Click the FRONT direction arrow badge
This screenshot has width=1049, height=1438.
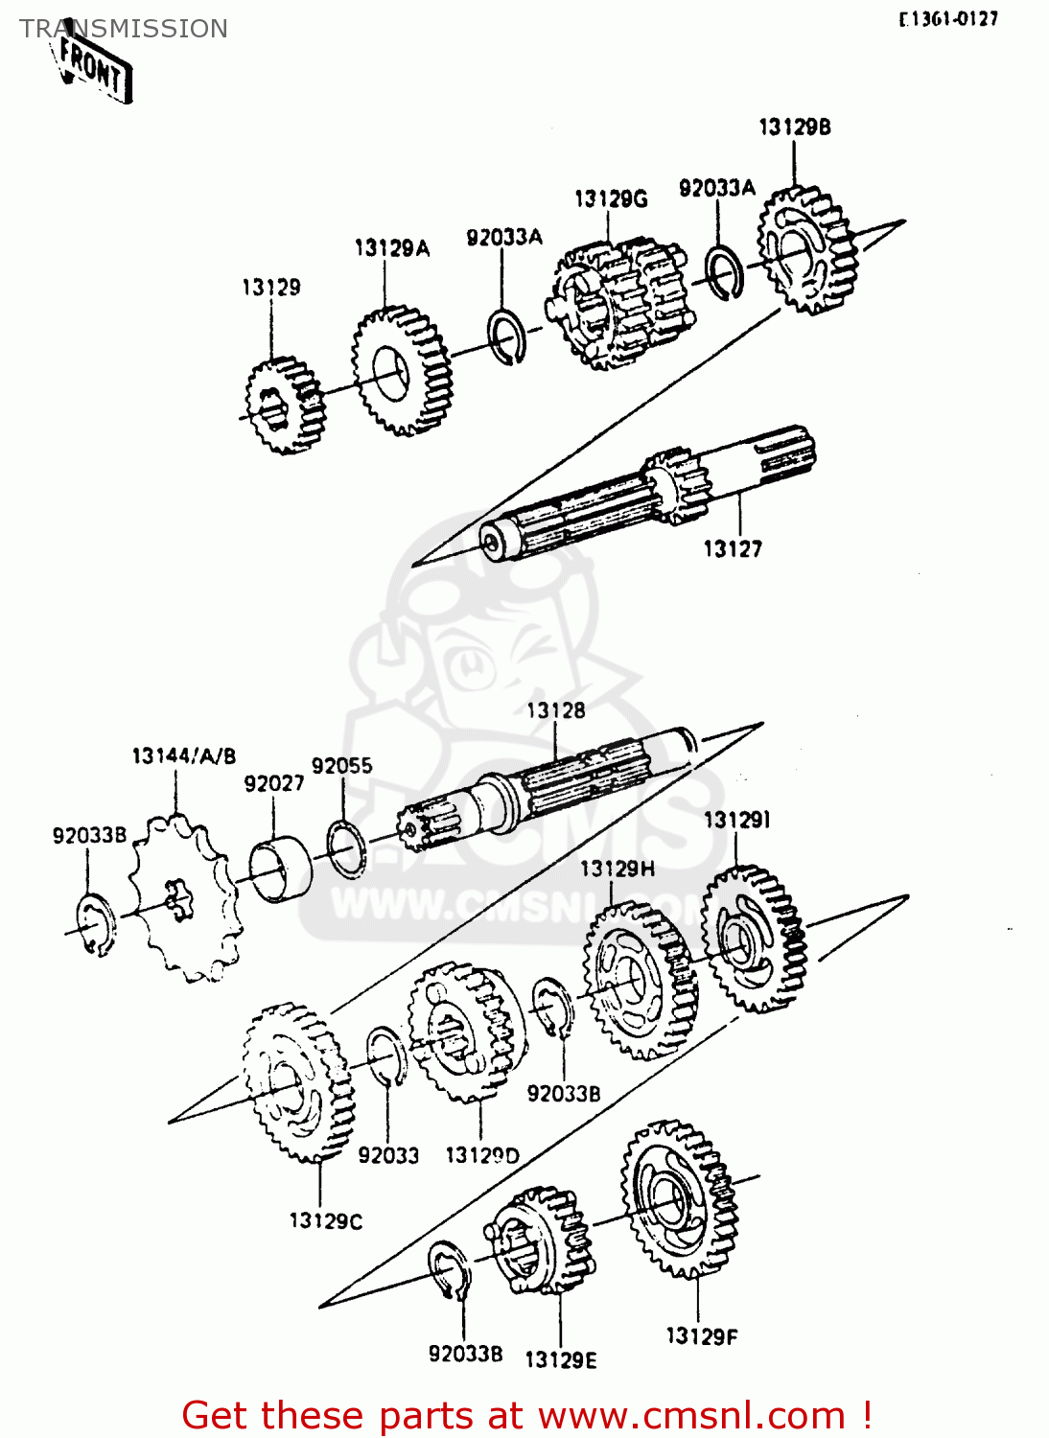[x=93, y=67]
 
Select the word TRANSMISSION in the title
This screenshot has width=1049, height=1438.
[x=124, y=29]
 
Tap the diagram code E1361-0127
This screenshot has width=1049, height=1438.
[x=948, y=18]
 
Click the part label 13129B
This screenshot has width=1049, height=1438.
[x=794, y=127]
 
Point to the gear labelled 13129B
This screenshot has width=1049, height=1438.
[x=805, y=250]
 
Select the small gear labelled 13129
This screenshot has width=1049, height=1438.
[x=284, y=406]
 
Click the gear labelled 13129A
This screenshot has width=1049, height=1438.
[x=401, y=370]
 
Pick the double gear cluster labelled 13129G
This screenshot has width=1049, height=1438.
[x=618, y=303]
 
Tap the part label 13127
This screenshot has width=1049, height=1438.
[x=733, y=548]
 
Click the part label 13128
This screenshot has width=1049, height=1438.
[x=555, y=710]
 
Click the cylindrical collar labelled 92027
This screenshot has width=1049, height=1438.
[x=281, y=870]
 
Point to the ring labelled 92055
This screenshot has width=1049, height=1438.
[x=346, y=847]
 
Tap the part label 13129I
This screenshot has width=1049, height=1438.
[x=736, y=820]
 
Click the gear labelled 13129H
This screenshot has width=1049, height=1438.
[x=639, y=980]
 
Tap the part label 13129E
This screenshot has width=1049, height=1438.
[x=560, y=1359]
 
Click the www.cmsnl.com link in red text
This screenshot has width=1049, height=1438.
[x=690, y=1415]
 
